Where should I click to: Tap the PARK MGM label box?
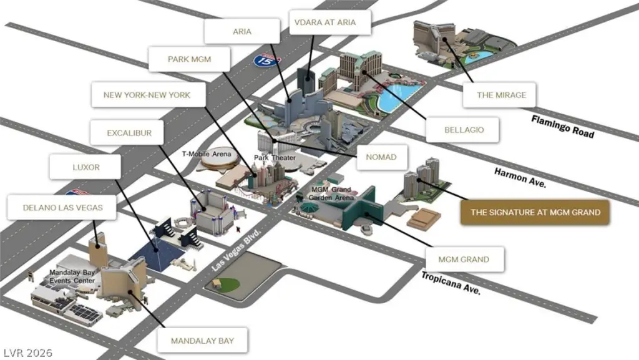pyautogui.click(x=189, y=60)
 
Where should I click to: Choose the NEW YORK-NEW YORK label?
pyautogui.click(x=147, y=95)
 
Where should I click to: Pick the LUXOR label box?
pyautogui.click(x=85, y=168)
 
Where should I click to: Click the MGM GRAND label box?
pyautogui.click(x=464, y=259)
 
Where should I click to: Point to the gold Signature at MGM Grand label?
pyautogui.click(x=535, y=212)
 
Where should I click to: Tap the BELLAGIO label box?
pyautogui.click(x=464, y=130)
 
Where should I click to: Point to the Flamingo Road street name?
pyautogui.click(x=562, y=125)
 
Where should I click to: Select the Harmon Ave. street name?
pyautogui.click(x=520, y=177)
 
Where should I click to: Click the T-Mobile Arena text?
pyautogui.click(x=207, y=153)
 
